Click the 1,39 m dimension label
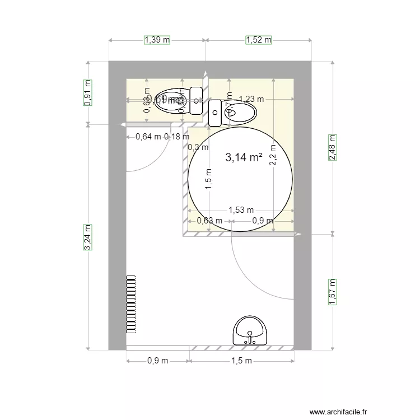[157, 40]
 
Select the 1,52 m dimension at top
[258, 40]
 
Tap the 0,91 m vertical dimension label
[87, 92]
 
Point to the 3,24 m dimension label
[87, 237]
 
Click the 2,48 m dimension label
[332, 148]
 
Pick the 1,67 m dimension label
[332, 292]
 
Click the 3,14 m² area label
[244, 158]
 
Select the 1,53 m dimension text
[240, 211]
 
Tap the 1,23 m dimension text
[250, 99]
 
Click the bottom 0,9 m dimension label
[157, 361]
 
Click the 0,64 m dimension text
[148, 136]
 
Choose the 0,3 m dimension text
[198, 148]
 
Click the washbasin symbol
[250, 331]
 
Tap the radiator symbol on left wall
[131, 304]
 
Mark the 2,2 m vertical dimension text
[273, 155]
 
